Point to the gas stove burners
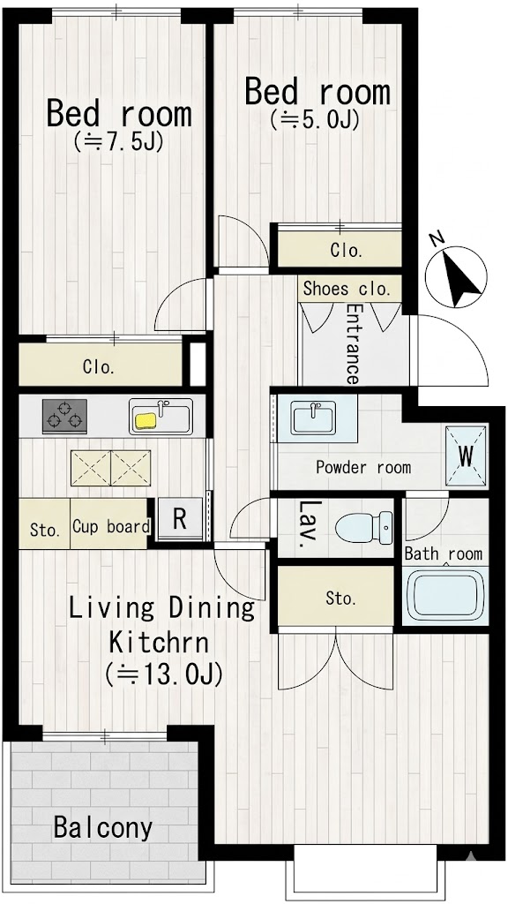pyautogui.click(x=64, y=416)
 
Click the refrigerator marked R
pyautogui.click(x=180, y=518)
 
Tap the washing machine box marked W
pyautogui.click(x=466, y=456)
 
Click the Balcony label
pyautogui.click(x=103, y=828)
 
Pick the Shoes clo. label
pyautogui.click(x=347, y=289)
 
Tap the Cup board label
pyautogui.click(x=111, y=526)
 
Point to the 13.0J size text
pyautogui.click(x=163, y=674)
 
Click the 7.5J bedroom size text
pyautogui.click(x=119, y=140)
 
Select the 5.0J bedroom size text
pyautogui.click(x=315, y=119)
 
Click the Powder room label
pyautogui.click(x=363, y=466)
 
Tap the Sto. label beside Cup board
pyautogui.click(x=45, y=530)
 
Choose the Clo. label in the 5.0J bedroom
pyautogui.click(x=347, y=251)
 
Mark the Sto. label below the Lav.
pyautogui.click(x=341, y=599)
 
